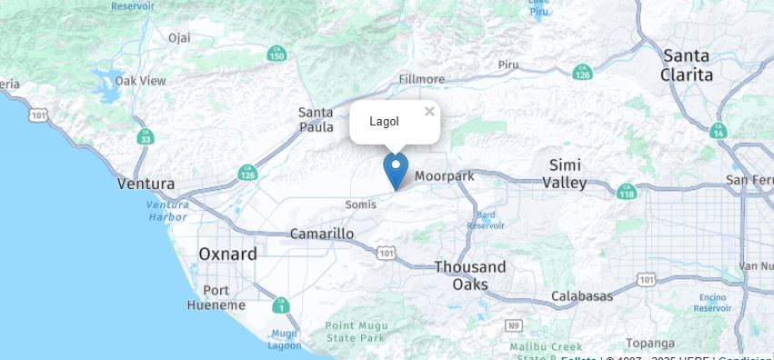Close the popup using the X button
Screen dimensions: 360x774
pos(429,112)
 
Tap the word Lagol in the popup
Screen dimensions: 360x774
pos(384,122)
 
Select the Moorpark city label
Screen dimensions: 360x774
pos(445,175)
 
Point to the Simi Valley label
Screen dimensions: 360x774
pos(565,174)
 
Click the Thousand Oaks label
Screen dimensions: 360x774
pos(469,275)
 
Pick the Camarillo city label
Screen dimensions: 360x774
pos(322,234)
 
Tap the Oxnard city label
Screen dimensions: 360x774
pos(227,255)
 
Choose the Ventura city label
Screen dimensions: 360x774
pos(146,184)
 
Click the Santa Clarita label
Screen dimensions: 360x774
pos(687,65)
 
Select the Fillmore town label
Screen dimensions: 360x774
pos(422,79)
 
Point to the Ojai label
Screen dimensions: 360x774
pos(179,37)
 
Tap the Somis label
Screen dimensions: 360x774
pos(361,205)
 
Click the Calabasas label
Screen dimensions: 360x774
pos(582,296)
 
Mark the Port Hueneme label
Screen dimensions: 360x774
pos(216,298)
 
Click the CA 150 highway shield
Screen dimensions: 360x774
pos(277,55)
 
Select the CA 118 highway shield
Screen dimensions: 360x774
pos(627,192)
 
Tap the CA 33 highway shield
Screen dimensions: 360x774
pos(145,136)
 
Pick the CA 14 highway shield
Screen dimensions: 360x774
pos(719,130)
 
